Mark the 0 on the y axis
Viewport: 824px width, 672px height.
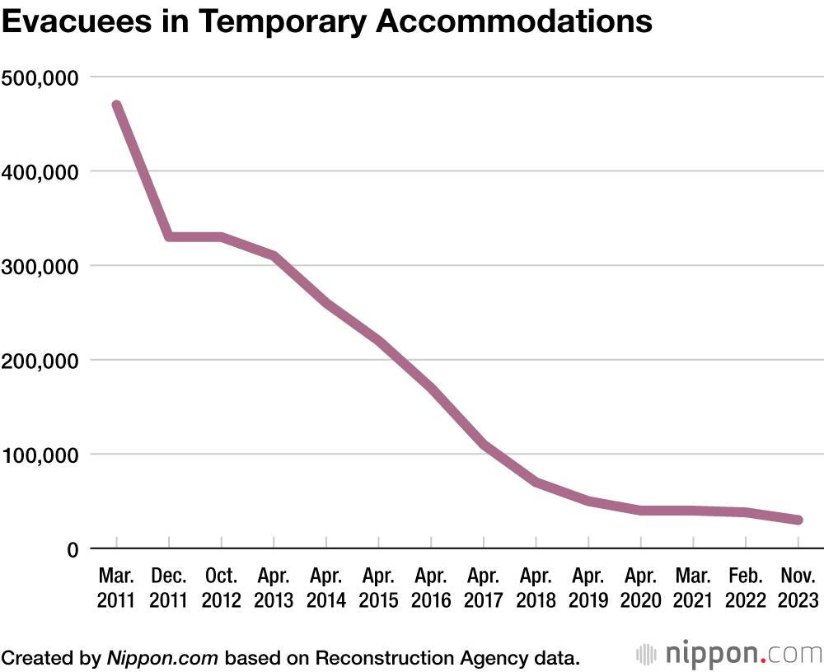click(72, 549)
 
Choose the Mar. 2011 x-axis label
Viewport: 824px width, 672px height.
click(116, 587)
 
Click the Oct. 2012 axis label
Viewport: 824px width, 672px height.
click(221, 587)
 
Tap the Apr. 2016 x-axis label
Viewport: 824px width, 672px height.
click(431, 587)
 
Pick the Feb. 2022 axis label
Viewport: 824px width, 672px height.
click(746, 587)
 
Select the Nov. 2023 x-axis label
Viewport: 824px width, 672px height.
click(798, 587)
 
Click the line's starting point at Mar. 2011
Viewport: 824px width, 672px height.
click(117, 105)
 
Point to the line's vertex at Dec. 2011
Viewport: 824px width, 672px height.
click(169, 237)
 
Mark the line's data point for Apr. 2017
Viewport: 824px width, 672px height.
click(484, 445)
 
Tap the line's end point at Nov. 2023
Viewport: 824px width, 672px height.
click(798, 520)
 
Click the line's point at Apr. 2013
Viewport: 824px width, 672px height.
click(274, 256)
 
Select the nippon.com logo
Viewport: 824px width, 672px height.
click(728, 655)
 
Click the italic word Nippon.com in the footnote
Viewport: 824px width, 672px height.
click(162, 657)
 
